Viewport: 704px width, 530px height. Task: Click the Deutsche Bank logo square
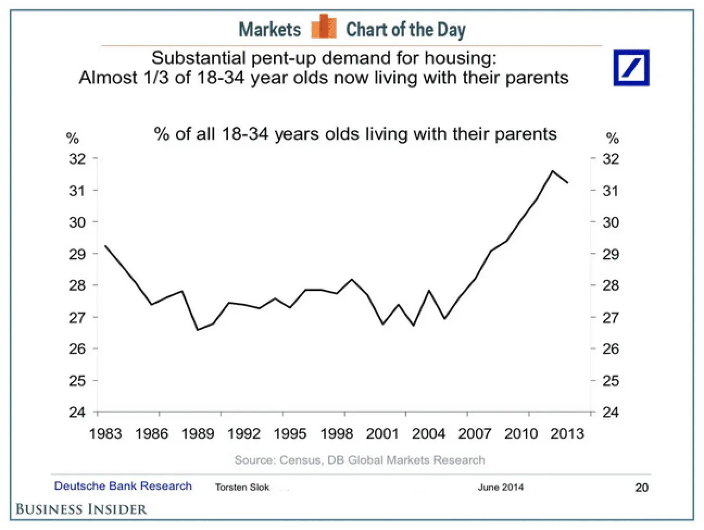(631, 68)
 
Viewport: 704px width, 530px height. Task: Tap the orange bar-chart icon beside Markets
(324, 26)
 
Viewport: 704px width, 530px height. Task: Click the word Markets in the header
(270, 29)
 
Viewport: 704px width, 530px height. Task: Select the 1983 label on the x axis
(105, 434)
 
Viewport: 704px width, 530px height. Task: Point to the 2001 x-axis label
(382, 434)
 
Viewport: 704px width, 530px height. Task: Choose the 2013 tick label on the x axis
(567, 434)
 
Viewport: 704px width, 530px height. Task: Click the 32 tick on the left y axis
(78, 159)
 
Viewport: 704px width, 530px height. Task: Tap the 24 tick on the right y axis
(611, 412)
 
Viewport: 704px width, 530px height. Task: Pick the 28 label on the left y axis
(78, 285)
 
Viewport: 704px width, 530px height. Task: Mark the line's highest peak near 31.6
(552, 171)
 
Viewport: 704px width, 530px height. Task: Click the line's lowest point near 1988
(198, 330)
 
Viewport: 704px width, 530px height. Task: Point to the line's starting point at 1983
(105, 246)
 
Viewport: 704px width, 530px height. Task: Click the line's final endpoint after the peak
(568, 183)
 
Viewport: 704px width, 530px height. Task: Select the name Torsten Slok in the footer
(242, 488)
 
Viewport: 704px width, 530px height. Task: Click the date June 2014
(501, 488)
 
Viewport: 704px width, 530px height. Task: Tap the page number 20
(642, 488)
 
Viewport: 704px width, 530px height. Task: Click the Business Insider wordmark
(81, 509)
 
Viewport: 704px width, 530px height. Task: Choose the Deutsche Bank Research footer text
(123, 486)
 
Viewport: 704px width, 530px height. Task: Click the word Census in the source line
(300, 460)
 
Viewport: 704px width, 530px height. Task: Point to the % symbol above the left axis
(72, 138)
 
